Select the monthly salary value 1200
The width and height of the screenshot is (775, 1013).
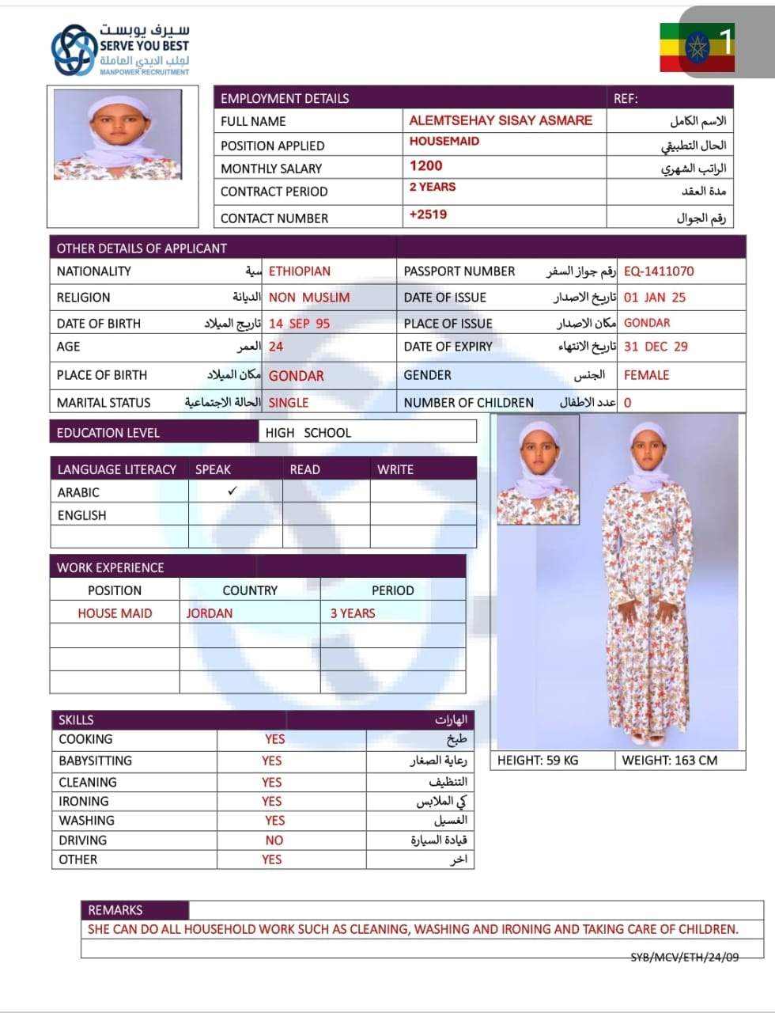tap(425, 166)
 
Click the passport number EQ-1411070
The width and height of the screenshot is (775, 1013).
tap(658, 271)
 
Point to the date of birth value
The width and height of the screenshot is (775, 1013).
tap(299, 324)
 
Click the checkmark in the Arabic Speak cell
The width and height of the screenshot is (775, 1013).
tap(232, 491)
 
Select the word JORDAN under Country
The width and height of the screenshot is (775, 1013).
tap(209, 613)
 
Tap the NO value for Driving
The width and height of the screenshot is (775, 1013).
tap(274, 840)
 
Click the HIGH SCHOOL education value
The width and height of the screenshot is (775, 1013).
tap(308, 433)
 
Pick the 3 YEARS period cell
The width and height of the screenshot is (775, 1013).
tap(353, 613)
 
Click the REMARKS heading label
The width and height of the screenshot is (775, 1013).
tap(115, 910)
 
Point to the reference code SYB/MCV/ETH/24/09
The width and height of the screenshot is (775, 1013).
tap(684, 957)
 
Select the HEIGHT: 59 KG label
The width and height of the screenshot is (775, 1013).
tap(538, 761)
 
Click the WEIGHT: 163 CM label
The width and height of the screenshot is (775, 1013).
tap(670, 761)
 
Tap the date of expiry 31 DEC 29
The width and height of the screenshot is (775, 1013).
tap(656, 347)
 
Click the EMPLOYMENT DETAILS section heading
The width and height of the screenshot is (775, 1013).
tap(285, 99)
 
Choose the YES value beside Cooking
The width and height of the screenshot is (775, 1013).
tap(274, 739)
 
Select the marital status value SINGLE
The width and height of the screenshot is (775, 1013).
tap(289, 403)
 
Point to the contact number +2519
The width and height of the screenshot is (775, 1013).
tap(428, 214)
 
